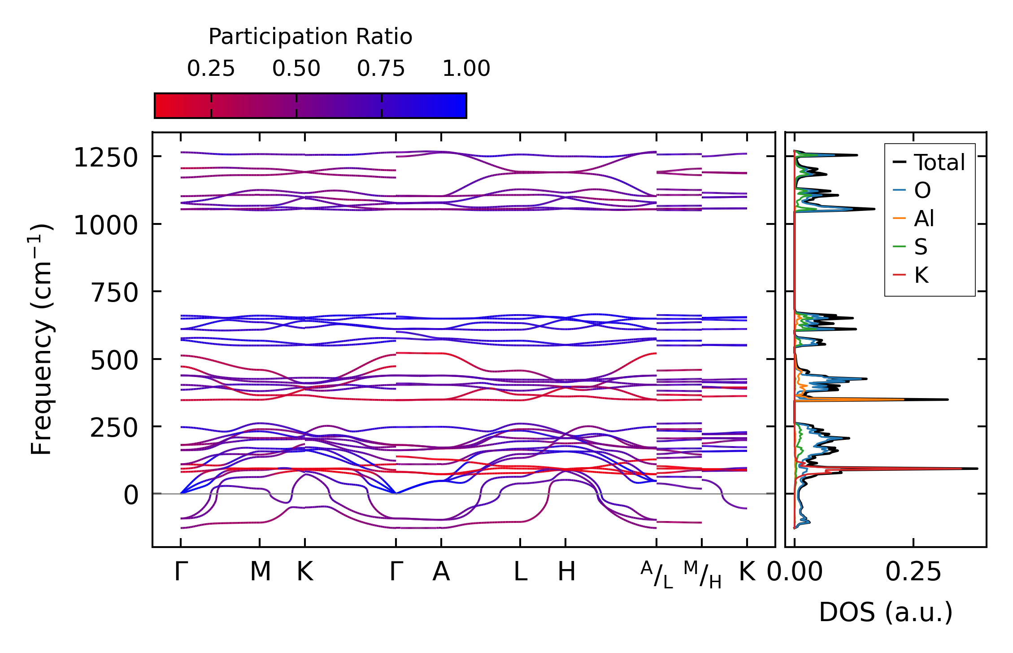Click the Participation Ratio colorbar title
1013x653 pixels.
pyautogui.click(x=310, y=37)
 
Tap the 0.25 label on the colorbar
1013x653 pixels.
pyautogui.click(x=211, y=69)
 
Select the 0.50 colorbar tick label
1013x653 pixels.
pyautogui.click(x=296, y=69)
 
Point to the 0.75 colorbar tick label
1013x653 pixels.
pyautogui.click(x=381, y=69)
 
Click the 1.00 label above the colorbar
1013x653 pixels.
pyautogui.click(x=466, y=69)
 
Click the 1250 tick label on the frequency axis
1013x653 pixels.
pyautogui.click(x=105, y=158)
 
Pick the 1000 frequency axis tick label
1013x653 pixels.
pyautogui.click(x=105, y=225)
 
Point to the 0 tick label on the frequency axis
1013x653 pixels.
pyautogui.click(x=131, y=496)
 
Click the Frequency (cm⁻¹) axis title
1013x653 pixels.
pyautogui.click(x=41, y=340)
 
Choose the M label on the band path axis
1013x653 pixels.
pyautogui.click(x=260, y=572)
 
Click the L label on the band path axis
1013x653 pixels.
pyautogui.click(x=520, y=572)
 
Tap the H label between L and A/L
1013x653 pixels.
pyautogui.click(x=566, y=572)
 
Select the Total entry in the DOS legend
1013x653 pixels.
pyautogui.click(x=939, y=162)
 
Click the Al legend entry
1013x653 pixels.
pyautogui.click(x=924, y=219)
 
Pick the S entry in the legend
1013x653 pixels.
pyautogui.click(x=921, y=247)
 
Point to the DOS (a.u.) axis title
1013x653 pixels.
pyautogui.click(x=886, y=612)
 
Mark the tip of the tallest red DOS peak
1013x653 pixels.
pyautogui.click(x=961, y=469)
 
